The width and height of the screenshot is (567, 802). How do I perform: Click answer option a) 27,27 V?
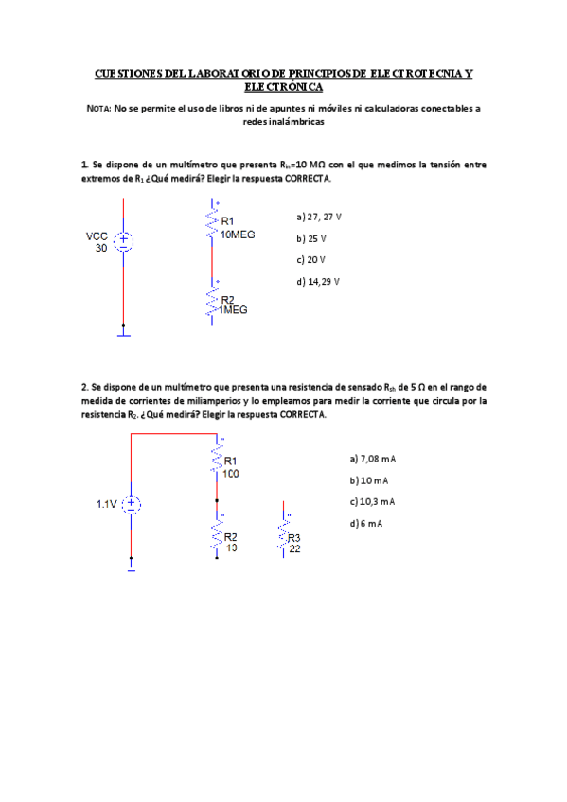click(319, 217)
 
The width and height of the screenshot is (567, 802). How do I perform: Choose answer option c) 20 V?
click(310, 259)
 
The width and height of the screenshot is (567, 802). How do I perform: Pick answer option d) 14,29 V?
click(317, 281)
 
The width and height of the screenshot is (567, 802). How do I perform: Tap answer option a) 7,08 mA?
click(371, 459)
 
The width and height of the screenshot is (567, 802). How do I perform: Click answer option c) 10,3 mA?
click(371, 501)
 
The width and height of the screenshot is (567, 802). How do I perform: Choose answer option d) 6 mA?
click(365, 523)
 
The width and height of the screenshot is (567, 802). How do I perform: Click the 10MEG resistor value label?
click(237, 234)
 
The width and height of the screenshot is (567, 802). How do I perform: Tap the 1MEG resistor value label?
click(232, 310)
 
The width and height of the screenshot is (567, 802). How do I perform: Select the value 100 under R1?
click(231, 473)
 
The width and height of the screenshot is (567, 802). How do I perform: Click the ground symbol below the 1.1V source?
click(132, 567)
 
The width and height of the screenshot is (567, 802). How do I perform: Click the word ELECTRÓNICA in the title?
click(284, 85)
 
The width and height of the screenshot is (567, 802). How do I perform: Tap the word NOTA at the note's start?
click(97, 109)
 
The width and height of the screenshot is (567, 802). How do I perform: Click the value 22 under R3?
click(294, 548)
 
